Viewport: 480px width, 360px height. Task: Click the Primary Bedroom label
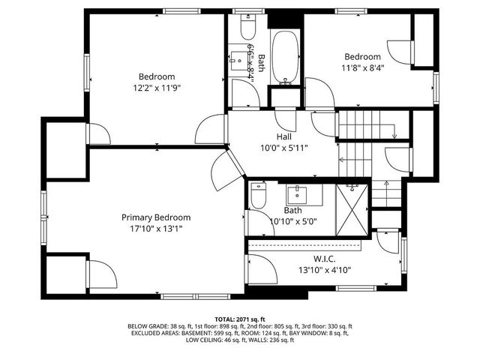[x=156, y=217]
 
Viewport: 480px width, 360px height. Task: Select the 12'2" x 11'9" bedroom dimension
[x=156, y=87]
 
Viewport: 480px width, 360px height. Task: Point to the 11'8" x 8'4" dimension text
[x=362, y=67]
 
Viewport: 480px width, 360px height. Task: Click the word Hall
[x=284, y=136]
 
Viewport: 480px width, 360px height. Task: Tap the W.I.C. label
[x=325, y=259]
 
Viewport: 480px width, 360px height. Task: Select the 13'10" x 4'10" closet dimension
[x=325, y=270]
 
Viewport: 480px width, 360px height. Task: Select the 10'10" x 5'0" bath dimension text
[x=292, y=222]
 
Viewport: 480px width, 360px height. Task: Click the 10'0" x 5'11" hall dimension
[x=284, y=148]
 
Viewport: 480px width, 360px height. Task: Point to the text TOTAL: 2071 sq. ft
[x=240, y=319]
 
